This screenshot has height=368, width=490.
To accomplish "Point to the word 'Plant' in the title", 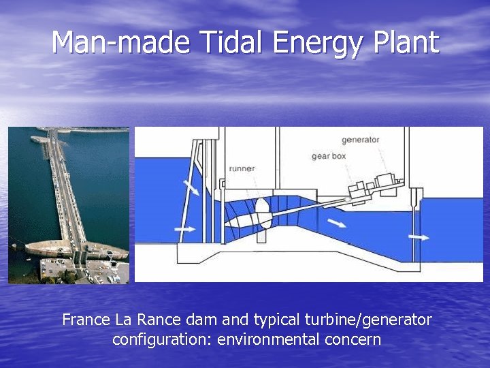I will coord(406,42).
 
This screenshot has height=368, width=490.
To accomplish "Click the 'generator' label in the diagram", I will coord(360,140).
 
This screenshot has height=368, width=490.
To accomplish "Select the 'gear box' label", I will coord(329,156).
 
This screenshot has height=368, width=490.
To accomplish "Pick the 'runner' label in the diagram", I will coord(242,168).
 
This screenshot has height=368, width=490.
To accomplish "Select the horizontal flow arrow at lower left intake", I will coord(185,230).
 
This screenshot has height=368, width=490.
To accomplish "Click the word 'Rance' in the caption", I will coord(157,320).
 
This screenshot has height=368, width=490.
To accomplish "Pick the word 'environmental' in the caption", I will coord(267,339).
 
